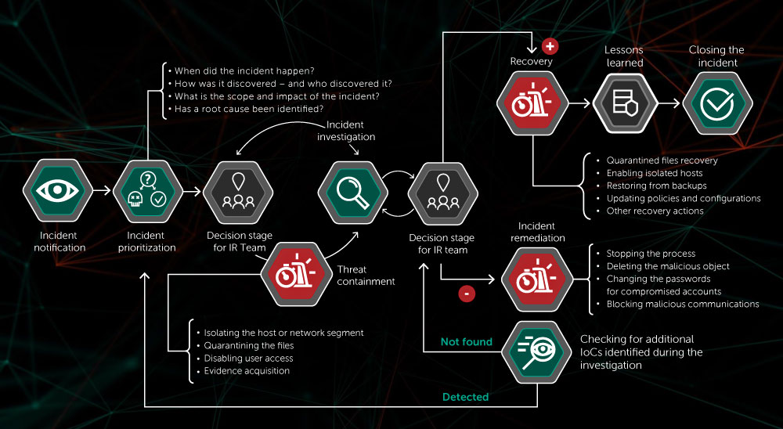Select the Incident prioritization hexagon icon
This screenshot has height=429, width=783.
tap(146, 190)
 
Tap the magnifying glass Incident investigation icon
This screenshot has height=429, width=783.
tap(350, 190)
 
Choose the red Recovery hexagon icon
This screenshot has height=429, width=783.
tap(532, 103)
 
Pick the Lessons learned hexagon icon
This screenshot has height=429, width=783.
tap(624, 103)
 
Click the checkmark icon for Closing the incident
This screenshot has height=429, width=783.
tap(716, 103)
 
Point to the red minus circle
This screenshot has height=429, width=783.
tap(467, 294)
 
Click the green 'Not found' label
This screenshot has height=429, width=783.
tap(467, 341)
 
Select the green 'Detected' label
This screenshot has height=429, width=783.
tap(466, 397)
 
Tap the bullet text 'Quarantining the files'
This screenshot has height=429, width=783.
tap(248, 345)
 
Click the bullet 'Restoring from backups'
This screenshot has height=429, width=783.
tap(656, 186)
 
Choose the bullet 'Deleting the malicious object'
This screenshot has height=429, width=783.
tap(667, 266)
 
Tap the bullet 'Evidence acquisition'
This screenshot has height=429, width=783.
tap(247, 370)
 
